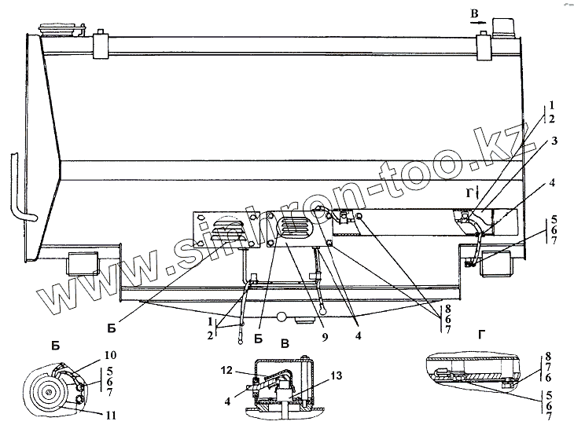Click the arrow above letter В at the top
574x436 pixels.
[478, 24]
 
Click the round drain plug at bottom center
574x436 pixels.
[280, 316]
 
